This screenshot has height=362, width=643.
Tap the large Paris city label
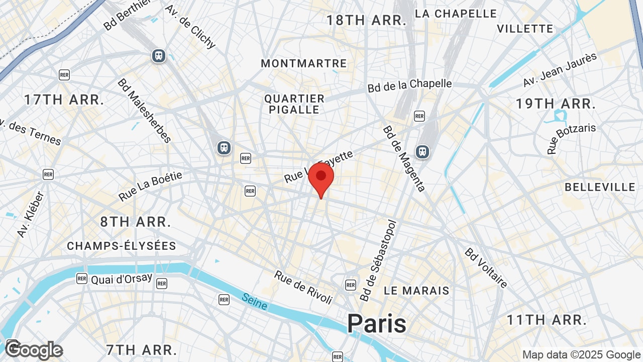tap(376, 323)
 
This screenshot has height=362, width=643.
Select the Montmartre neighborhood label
tap(304, 63)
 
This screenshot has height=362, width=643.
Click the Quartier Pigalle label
tap(294, 104)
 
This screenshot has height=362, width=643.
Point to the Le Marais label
tap(416, 291)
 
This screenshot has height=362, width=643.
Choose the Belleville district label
tap(600, 187)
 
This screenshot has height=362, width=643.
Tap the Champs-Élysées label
tap(122, 246)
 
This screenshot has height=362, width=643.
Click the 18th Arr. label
tap(366, 21)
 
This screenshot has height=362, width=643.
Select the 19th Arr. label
tap(556, 104)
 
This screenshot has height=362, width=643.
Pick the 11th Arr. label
tap(547, 320)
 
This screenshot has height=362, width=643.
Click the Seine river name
tap(255, 301)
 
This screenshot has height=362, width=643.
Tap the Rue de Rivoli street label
tap(303, 287)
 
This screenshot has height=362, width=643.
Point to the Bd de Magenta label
tap(404, 158)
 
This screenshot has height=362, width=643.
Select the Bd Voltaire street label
tap(486, 267)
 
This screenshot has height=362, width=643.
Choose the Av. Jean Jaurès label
tap(560, 69)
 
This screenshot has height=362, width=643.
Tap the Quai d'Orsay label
tap(122, 279)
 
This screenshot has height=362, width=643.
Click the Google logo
tap(34, 350)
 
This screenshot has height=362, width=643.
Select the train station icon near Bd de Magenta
tap(422, 151)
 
